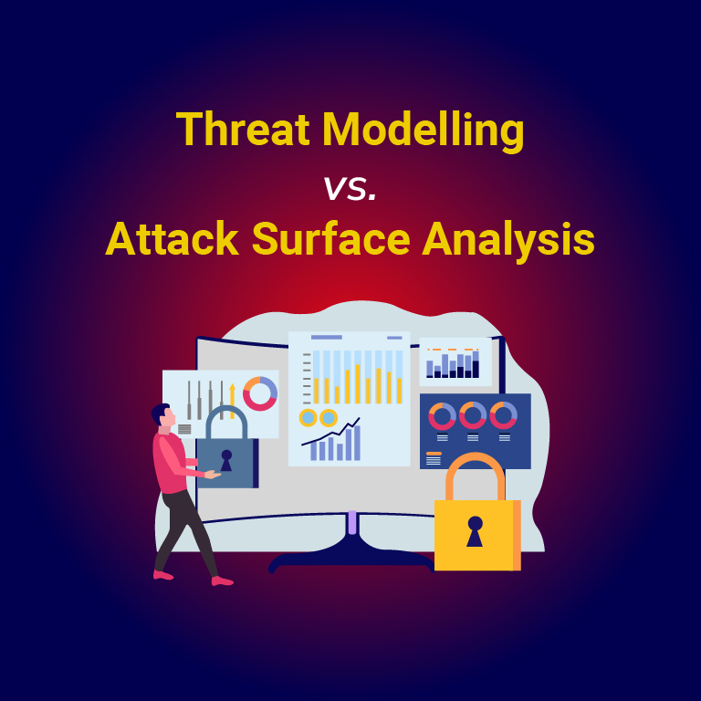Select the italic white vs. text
coord(350,188)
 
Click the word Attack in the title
coord(171,240)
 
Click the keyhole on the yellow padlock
coord(475,530)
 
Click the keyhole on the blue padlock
coord(225,460)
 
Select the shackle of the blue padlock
coord(225,420)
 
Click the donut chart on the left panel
coord(260,392)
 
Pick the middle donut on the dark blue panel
coord(473,415)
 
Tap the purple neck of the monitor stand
coord(351,523)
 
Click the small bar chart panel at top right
coord(455,361)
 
